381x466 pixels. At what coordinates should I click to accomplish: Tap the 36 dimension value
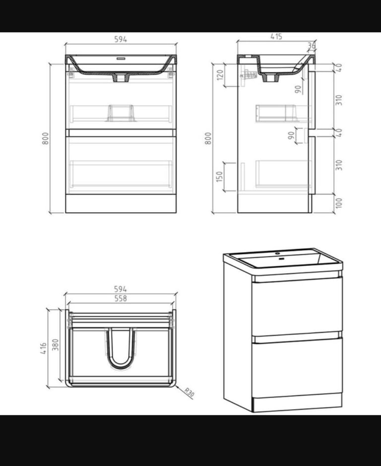point(312,46)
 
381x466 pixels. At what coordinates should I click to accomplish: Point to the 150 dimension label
point(220,176)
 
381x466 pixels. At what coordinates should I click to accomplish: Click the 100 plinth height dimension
point(339,203)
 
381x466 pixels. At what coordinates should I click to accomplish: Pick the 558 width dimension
point(121,298)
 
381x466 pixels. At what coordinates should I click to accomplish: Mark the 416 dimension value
point(44,348)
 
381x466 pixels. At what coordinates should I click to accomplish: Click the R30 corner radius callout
point(189,393)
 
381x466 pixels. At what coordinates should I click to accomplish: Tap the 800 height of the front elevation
point(45,138)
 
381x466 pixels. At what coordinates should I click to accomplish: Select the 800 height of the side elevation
point(208,138)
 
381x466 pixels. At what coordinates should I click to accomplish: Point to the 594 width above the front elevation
point(121,40)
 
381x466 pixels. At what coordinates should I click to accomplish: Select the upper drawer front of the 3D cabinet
point(297,305)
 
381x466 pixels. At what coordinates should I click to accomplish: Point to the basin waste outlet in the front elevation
point(121,77)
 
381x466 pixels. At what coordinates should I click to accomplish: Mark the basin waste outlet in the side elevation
point(270,77)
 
